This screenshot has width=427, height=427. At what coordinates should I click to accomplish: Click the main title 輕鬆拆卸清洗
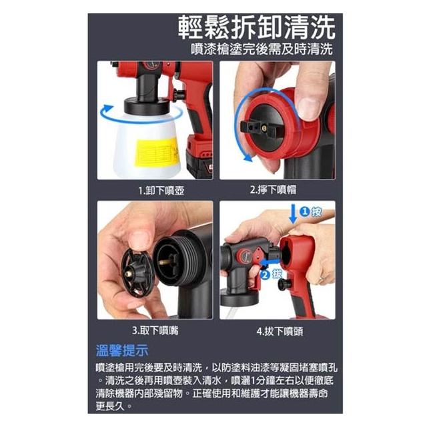(256, 27)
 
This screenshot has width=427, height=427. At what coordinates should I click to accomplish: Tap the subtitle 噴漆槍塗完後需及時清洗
(262, 49)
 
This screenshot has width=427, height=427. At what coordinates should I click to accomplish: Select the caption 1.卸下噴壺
(161, 190)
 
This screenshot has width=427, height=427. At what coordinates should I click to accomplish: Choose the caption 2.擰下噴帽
(273, 189)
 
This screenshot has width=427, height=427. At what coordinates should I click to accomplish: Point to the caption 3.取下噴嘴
(155, 331)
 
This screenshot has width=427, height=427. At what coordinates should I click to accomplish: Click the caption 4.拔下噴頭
(280, 332)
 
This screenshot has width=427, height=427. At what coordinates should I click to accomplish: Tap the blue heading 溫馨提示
(122, 350)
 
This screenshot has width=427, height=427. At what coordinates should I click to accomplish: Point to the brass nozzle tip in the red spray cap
(264, 127)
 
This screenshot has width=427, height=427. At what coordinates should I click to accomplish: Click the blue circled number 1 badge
(304, 211)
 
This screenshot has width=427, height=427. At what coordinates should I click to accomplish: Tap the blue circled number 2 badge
(265, 274)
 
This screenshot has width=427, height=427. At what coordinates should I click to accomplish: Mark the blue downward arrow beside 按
(293, 214)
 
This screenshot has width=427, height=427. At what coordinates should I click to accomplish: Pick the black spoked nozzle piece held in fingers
(137, 273)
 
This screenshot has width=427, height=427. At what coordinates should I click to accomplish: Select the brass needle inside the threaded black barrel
(166, 262)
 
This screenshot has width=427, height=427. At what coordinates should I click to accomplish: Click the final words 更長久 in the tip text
(109, 406)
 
